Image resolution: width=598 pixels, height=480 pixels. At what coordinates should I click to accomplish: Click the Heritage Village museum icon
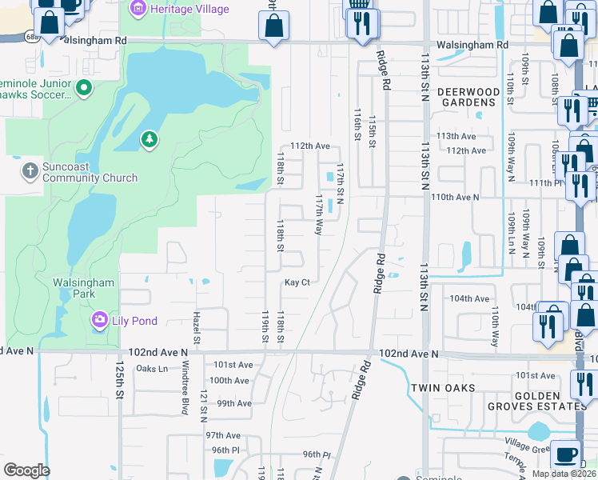[x=138, y=9]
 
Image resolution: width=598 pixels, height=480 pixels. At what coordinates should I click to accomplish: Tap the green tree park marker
[x=149, y=141]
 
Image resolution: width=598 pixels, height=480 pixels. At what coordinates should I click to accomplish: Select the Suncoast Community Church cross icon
[x=30, y=170]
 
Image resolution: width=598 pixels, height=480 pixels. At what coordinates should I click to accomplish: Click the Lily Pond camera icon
[x=99, y=321]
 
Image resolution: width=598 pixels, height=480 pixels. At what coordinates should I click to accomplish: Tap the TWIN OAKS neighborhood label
[x=444, y=388]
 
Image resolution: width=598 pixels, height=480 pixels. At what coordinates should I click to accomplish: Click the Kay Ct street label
[x=297, y=282]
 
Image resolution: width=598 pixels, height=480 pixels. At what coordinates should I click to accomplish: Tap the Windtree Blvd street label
[x=183, y=389]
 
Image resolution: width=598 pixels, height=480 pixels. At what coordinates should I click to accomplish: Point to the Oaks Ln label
[x=152, y=368]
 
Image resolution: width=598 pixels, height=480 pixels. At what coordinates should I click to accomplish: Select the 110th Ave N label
[x=455, y=196]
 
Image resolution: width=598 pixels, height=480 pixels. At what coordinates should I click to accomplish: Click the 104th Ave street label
[x=469, y=298]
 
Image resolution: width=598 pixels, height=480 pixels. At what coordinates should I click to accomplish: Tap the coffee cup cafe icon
[x=566, y=454]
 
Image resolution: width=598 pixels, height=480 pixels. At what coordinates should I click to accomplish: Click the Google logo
[x=26, y=470]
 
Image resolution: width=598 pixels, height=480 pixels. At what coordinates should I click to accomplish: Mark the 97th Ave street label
[x=223, y=435]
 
